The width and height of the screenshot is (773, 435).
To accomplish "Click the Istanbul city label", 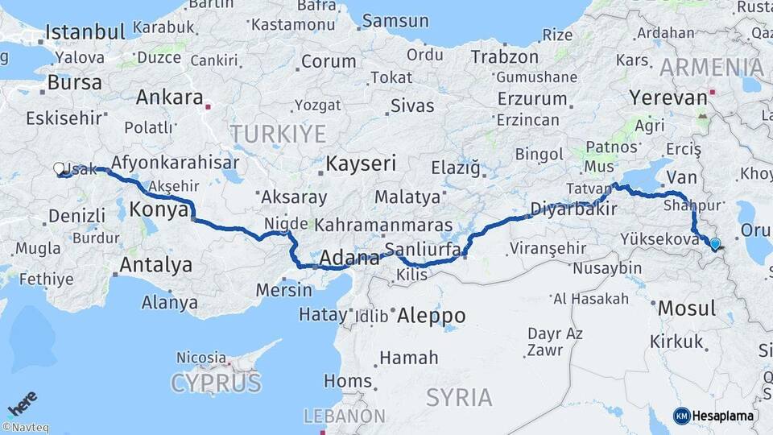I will (x=85, y=33).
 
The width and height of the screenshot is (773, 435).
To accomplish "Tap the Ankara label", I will (x=169, y=98).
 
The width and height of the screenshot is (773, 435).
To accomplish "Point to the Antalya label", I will (x=156, y=265).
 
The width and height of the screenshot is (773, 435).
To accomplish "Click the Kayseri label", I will (x=361, y=164).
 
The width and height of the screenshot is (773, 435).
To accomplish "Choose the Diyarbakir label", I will (x=573, y=209).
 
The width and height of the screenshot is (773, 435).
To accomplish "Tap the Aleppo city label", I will (x=432, y=315).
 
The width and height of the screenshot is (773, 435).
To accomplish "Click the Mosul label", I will (x=687, y=309).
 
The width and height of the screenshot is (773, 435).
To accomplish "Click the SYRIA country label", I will (x=458, y=397).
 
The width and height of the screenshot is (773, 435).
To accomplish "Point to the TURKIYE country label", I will (x=278, y=134).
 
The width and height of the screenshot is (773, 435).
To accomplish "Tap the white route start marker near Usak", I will (x=59, y=169).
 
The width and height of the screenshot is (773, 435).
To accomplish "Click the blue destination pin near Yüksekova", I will (x=714, y=243).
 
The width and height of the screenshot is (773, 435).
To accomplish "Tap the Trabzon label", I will (x=504, y=57).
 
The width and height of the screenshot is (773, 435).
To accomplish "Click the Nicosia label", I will (x=201, y=357).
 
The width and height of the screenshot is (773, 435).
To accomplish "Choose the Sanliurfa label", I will (x=422, y=248).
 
